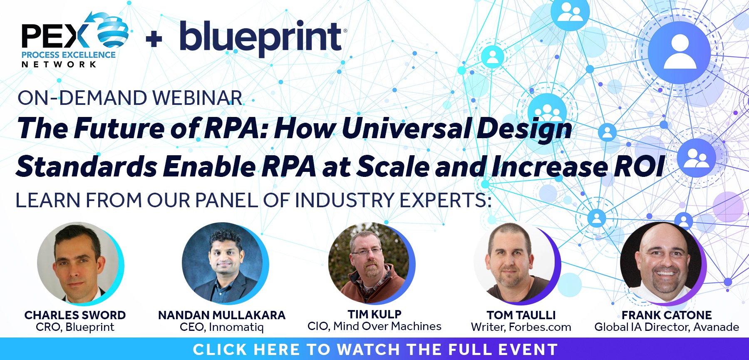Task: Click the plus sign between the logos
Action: pyautogui.click(x=154, y=40)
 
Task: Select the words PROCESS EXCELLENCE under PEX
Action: pyautogui.click(x=69, y=55)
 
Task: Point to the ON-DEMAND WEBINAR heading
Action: pyautogui.click(x=130, y=98)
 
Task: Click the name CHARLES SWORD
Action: pyautogui.click(x=75, y=315)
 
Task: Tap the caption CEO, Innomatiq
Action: pyautogui.click(x=222, y=327)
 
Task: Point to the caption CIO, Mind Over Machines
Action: pyautogui.click(x=374, y=326)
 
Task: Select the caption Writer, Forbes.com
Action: pyautogui.click(x=521, y=327)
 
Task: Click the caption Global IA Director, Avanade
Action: pyautogui.click(x=667, y=327)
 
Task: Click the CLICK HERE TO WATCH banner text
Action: pyautogui.click(x=375, y=350)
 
